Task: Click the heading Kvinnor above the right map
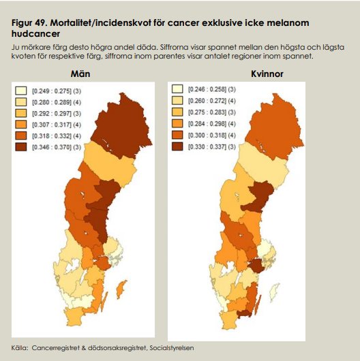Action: pyautogui.click(x=267, y=74)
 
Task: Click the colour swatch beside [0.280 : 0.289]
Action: pyautogui.click(x=21, y=101)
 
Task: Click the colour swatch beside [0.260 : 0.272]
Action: pyautogui.click(x=177, y=101)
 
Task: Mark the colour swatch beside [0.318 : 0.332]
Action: pyautogui.click(x=21, y=136)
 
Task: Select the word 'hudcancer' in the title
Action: pyautogui.click(x=35, y=33)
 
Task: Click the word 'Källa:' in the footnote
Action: pyautogui.click(x=22, y=348)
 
